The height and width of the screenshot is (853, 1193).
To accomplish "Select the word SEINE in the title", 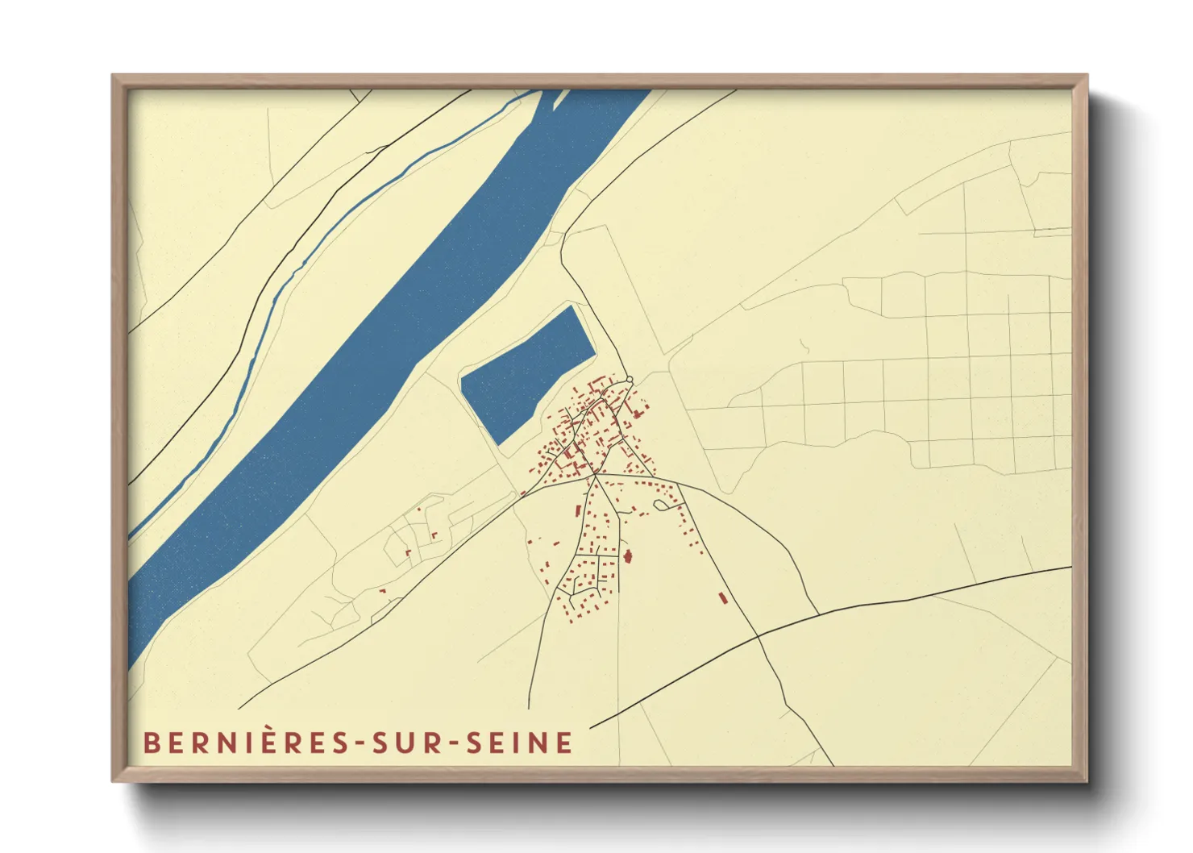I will click(x=520, y=743).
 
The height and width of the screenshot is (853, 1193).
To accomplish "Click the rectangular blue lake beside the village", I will click(x=527, y=374).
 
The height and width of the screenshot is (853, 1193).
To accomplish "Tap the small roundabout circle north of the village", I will click(x=630, y=380).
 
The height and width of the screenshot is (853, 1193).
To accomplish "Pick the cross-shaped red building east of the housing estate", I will click(x=629, y=556).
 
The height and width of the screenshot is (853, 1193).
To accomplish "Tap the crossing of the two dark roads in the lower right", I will click(x=759, y=636).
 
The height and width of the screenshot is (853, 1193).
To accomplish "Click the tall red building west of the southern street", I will click(x=578, y=510).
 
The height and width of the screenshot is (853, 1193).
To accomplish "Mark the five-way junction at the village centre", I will click(x=596, y=476).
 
